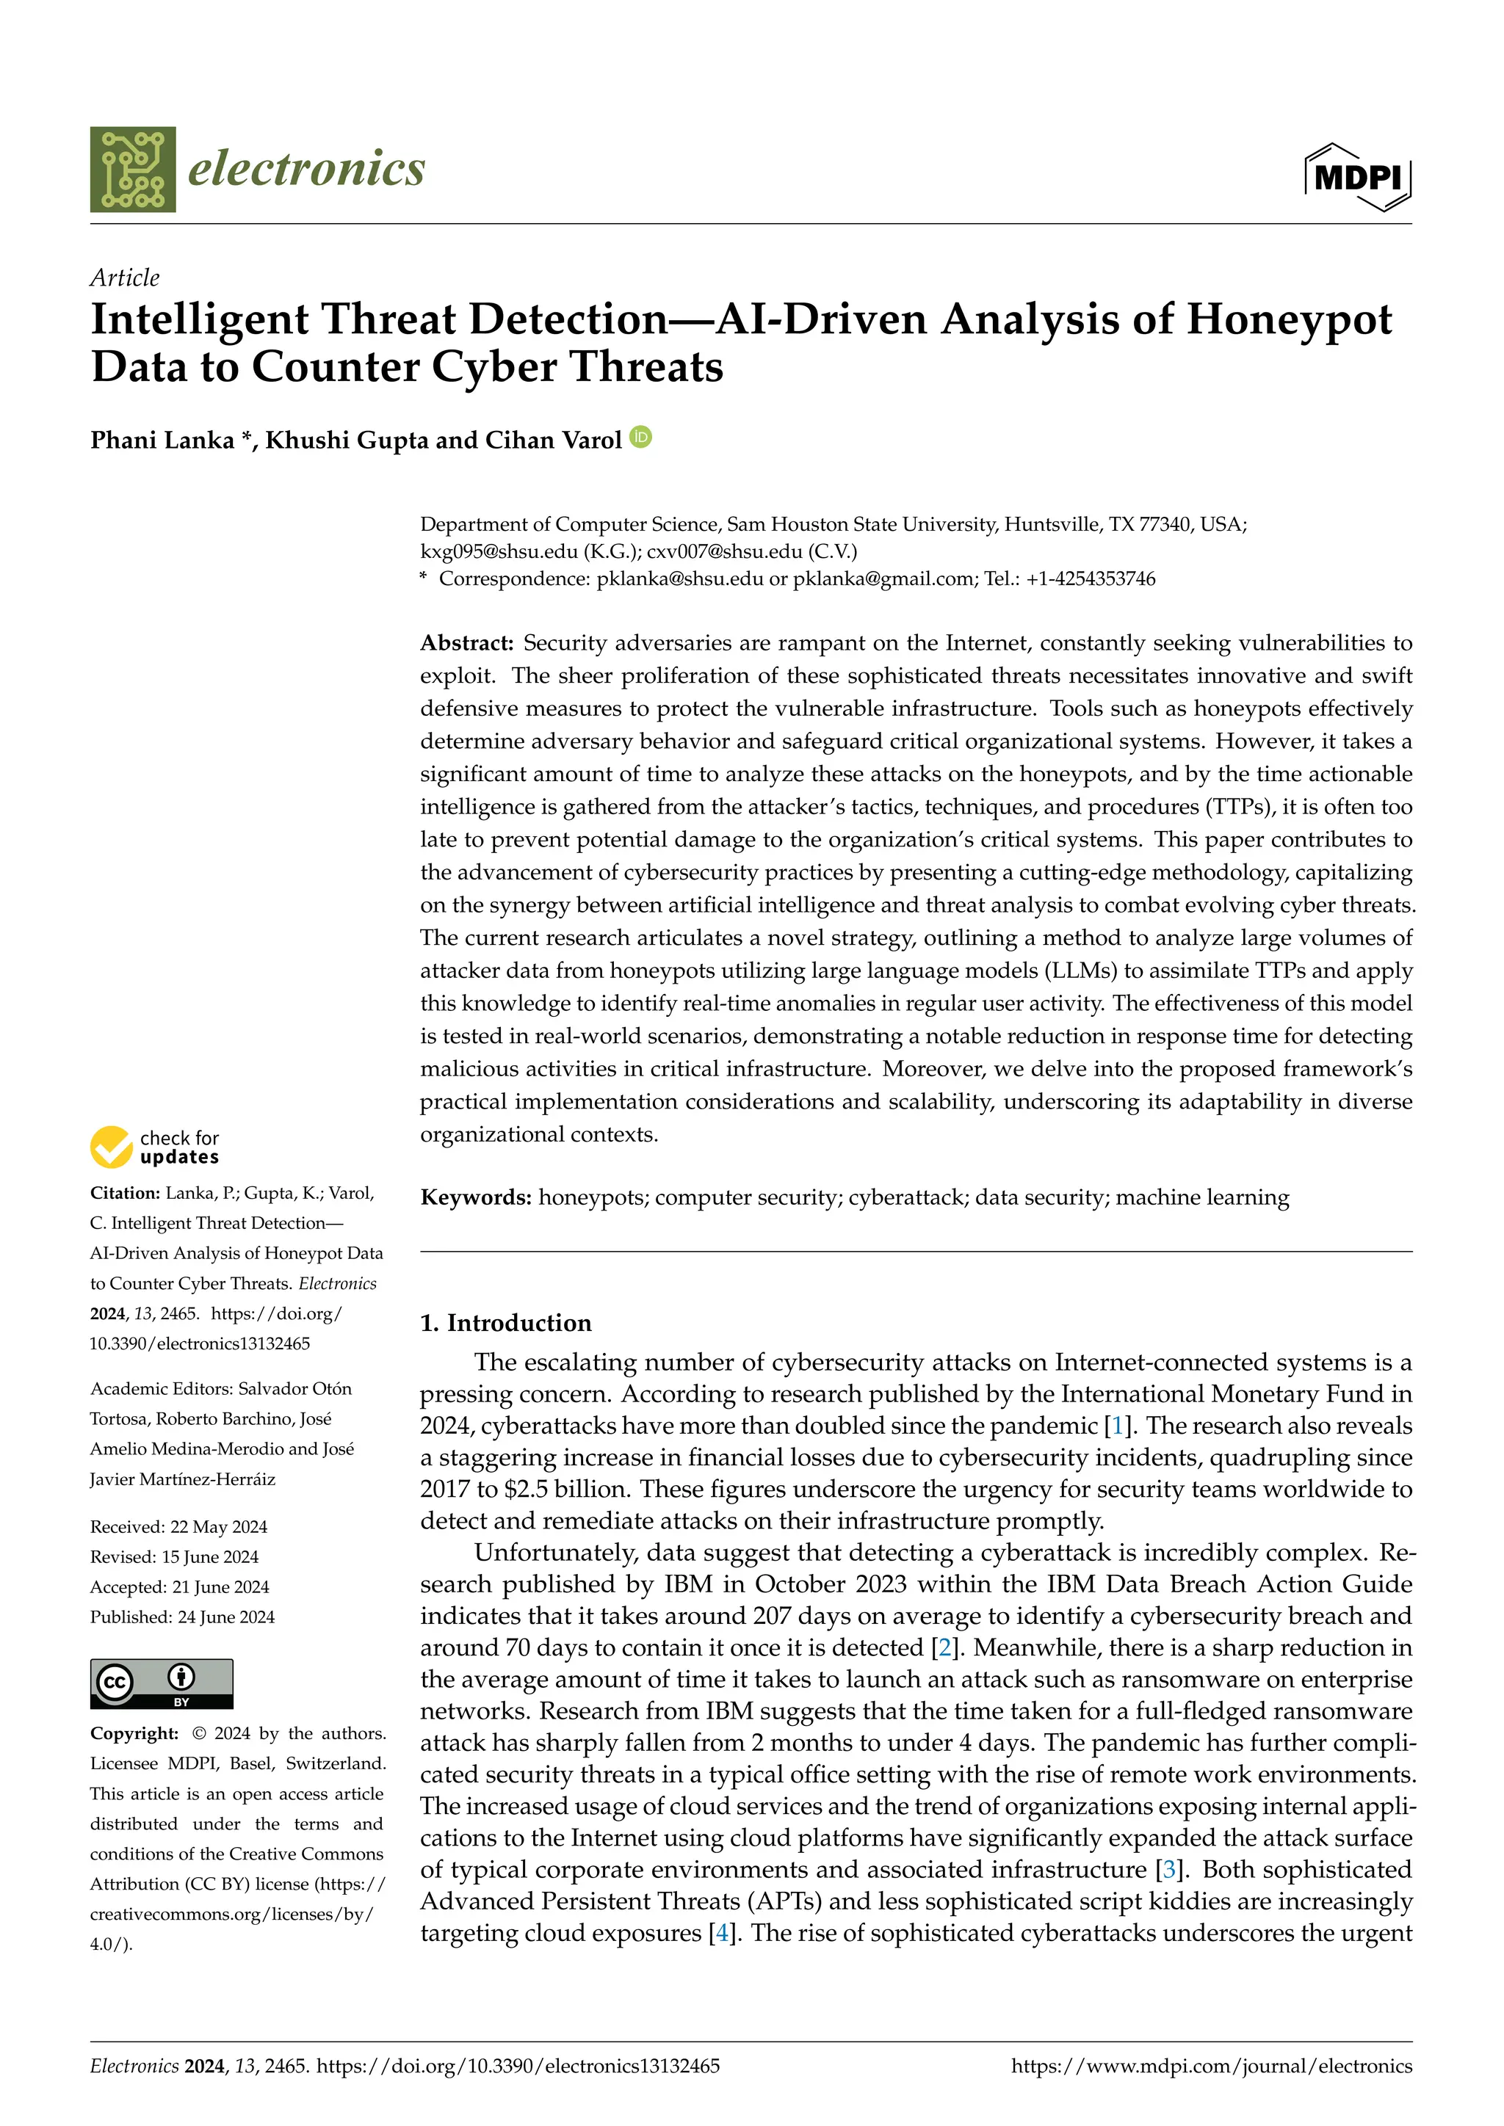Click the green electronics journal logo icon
132,170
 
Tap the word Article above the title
124,277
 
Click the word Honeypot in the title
1288,319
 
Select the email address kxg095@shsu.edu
498,552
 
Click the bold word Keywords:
476,1198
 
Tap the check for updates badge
156,1147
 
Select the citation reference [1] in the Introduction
1117,1426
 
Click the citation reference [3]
1168,1871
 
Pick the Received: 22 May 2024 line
178,1527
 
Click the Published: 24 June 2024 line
182,1617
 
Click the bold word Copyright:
134,1733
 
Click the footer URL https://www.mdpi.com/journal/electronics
1211,2067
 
